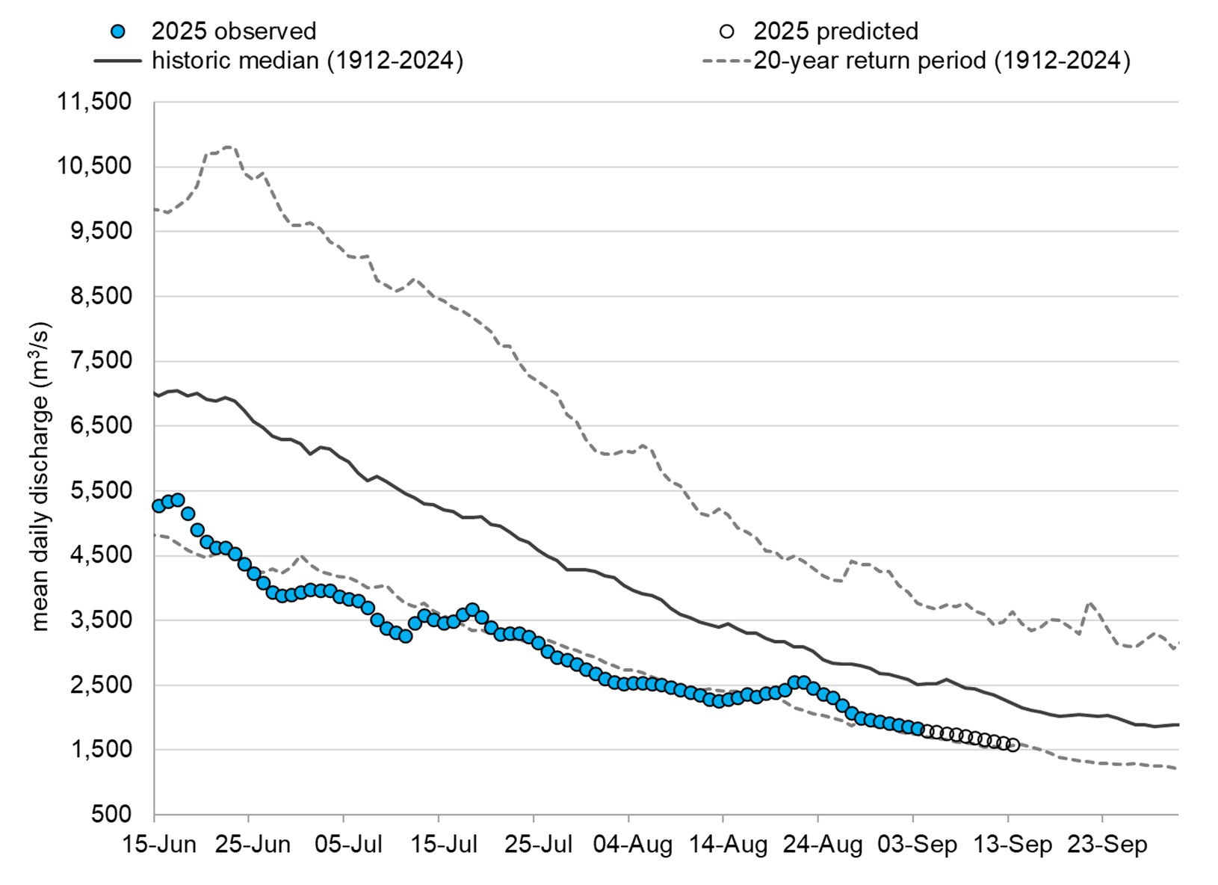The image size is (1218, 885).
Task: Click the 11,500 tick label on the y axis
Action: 95,102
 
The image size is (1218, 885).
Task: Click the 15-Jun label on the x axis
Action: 160,845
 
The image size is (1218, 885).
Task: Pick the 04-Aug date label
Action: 633,845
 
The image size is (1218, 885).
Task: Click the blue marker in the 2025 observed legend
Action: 118,31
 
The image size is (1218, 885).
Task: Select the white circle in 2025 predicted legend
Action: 726,31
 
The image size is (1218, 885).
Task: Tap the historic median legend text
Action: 307,61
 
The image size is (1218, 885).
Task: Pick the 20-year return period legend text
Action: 941,61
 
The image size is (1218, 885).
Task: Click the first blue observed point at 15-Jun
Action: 158,506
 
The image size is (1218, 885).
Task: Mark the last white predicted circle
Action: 1013,744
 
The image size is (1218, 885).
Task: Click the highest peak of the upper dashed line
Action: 228,147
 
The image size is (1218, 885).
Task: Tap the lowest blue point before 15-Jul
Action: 405,636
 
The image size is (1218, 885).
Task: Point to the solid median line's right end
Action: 1178,724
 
